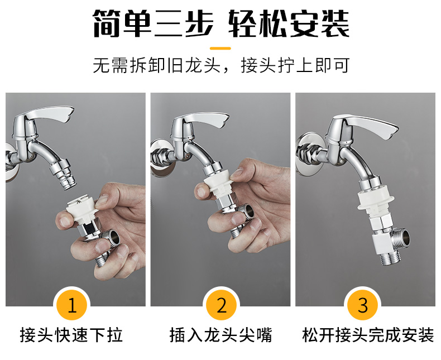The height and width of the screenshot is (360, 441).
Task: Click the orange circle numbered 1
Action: point(71,305)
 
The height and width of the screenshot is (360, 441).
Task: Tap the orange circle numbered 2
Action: point(222,305)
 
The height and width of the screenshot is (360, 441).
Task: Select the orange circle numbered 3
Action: point(363,305)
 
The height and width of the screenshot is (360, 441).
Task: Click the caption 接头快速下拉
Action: point(71,335)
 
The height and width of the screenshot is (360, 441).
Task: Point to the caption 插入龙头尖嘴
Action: point(221,335)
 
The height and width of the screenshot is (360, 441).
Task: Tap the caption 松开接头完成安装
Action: point(368,335)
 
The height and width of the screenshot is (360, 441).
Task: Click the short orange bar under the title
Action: point(220,49)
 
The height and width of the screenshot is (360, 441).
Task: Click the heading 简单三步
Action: point(154,23)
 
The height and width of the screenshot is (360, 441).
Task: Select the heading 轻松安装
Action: point(289,23)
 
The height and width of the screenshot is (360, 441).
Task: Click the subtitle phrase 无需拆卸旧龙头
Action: point(156,65)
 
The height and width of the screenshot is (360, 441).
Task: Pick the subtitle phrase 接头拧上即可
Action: point(295,65)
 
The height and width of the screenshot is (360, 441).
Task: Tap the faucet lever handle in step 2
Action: point(203,119)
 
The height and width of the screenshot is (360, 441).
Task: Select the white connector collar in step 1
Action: point(82,210)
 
